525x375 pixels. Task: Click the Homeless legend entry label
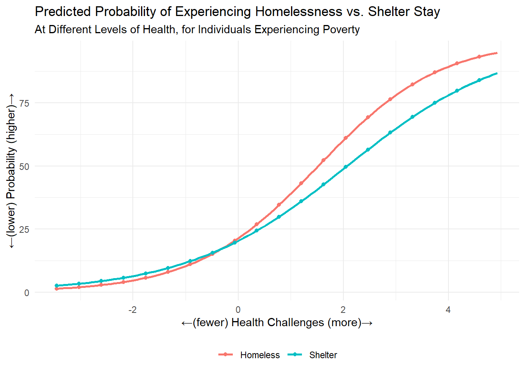click(x=260, y=355)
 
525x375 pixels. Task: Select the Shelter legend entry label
click(x=323, y=355)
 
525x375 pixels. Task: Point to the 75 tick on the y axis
click(x=24, y=103)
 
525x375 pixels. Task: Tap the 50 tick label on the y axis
click(x=24, y=166)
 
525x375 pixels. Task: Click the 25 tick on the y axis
click(x=24, y=229)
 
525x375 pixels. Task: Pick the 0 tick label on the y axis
click(x=27, y=293)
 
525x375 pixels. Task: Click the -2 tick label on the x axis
click(x=133, y=310)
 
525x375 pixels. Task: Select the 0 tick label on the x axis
click(x=238, y=310)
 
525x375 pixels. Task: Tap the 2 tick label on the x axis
click(x=343, y=310)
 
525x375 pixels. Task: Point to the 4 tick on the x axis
click(x=448, y=310)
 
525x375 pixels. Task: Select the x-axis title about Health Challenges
click(x=277, y=323)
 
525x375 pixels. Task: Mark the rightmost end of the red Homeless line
click(x=497, y=53)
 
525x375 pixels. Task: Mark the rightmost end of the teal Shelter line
click(x=497, y=73)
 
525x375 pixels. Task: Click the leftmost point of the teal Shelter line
click(x=57, y=286)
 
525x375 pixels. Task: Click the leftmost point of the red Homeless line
click(x=57, y=289)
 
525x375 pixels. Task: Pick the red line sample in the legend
click(x=225, y=355)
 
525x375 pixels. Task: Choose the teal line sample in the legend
click(x=295, y=355)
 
